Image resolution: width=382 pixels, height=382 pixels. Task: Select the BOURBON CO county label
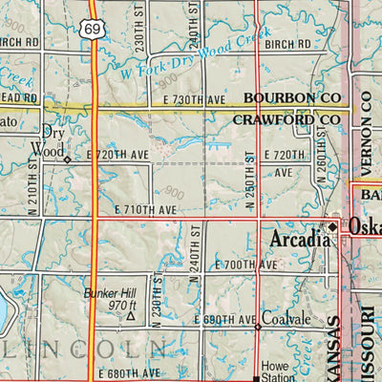click(x=290, y=98)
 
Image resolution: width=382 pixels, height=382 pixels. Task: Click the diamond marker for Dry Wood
click(x=67, y=159)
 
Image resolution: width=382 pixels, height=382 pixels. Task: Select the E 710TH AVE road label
click(x=145, y=208)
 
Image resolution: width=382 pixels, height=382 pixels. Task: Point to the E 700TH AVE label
click(x=245, y=264)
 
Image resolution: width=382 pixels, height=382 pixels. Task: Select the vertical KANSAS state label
click(x=333, y=349)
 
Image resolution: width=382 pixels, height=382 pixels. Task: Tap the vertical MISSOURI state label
click(x=367, y=339)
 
